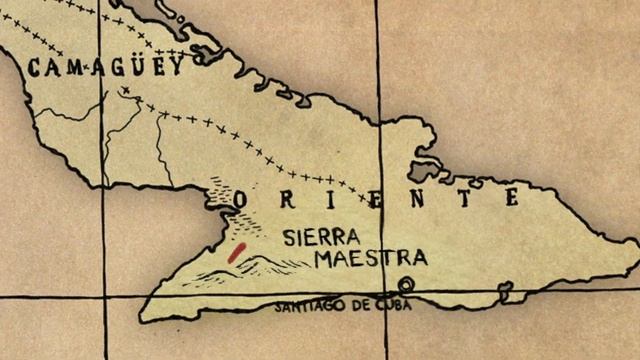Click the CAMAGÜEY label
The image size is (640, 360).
106,67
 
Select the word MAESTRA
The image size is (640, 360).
371,258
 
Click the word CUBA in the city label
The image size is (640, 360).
391,305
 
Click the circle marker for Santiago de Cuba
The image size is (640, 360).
407,284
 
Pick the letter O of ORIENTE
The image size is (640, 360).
240,200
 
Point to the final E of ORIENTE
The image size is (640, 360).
511,197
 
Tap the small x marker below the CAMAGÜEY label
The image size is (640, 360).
125,91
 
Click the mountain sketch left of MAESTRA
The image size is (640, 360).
255,265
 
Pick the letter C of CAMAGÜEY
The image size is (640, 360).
35,69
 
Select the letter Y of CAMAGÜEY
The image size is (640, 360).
177,66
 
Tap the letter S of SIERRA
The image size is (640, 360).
290,238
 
